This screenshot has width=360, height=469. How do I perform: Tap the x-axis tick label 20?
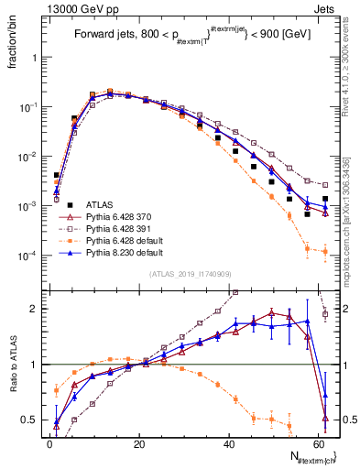point(138,444)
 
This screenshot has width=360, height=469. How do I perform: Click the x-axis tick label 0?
point(49,444)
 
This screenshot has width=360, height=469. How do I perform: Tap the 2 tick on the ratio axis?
point(37,309)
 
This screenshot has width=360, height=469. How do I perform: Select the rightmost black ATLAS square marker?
point(324,198)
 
